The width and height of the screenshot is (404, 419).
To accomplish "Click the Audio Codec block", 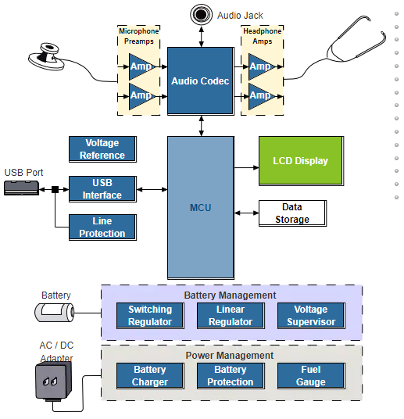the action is coord(201,81).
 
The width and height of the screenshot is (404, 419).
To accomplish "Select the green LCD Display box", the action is coord(301,161).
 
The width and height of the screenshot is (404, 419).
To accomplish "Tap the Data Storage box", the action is coord(292,213).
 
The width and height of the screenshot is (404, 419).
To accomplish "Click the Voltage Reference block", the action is coord(102,149).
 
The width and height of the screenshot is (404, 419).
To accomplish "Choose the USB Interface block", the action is coord(102,189).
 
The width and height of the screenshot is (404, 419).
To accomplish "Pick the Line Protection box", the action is coord(102,227).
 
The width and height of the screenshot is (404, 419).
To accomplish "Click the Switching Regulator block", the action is coord(150,316).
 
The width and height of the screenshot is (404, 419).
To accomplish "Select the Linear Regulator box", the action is coord(231,316).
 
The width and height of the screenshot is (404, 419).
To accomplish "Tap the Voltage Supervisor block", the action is coord(311,316).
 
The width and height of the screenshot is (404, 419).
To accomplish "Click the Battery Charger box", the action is coord(150,376).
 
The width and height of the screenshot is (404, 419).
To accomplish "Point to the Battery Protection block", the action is coord(231,376).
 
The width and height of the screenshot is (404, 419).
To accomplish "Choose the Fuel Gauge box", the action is coord(311,376).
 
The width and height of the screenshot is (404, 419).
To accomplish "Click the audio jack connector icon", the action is coord(201,14).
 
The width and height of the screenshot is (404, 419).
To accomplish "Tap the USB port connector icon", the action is coord(22,188).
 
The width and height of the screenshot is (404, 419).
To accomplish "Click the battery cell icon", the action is coord(55,313).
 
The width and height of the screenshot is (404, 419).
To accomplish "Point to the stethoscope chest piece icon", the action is coord(47,57).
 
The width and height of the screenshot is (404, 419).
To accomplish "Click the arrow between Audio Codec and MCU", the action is coord(201,126).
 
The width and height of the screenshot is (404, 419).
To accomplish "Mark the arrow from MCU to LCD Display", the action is coord(247,167).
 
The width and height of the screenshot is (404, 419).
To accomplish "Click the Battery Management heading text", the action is coord(230,295).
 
